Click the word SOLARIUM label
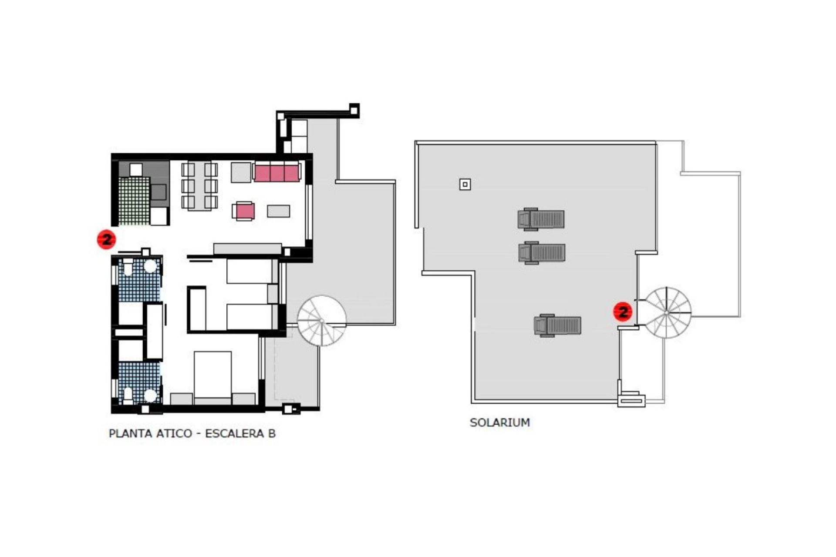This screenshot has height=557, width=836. point(499,423)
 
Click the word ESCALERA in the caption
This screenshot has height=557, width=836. point(234,433)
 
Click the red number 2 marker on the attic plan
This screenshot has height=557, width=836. point(106,239)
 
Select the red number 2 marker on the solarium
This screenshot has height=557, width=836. point(623,312)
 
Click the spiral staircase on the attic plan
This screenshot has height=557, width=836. point(321,321)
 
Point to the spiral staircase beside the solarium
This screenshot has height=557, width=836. point(667,312)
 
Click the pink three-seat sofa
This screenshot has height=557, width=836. point(277,173)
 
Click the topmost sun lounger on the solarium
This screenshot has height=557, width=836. point(541,219)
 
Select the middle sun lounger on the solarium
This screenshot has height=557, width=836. point(542,252)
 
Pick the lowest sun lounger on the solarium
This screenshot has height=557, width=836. point(558,325)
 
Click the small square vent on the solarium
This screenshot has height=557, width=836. point(465,185)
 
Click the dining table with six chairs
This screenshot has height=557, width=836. point(199,186)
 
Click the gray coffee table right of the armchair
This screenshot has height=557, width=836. point(278,211)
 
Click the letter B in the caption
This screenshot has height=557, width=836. point(272,433)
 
